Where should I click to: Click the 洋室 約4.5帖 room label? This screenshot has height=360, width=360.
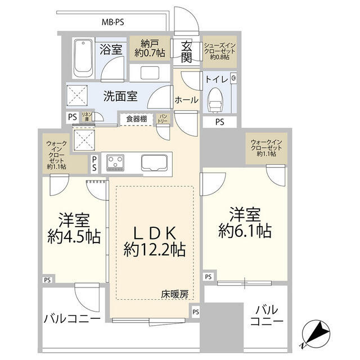coord(74,228)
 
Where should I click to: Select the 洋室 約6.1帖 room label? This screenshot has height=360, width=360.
coord(245,222)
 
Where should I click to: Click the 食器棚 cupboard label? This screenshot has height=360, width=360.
coord(136,119)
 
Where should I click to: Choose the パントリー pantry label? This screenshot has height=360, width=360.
coord(162,119)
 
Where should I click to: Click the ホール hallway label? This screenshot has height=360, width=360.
coord(186,100)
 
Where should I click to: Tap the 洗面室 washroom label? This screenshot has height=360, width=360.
coord(120,96)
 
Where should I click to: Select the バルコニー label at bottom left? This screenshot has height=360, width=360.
coord(72,319)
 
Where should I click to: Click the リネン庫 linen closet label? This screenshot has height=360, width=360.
coord(86,116)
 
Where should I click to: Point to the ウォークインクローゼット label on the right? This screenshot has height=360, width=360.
coord(266,147)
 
